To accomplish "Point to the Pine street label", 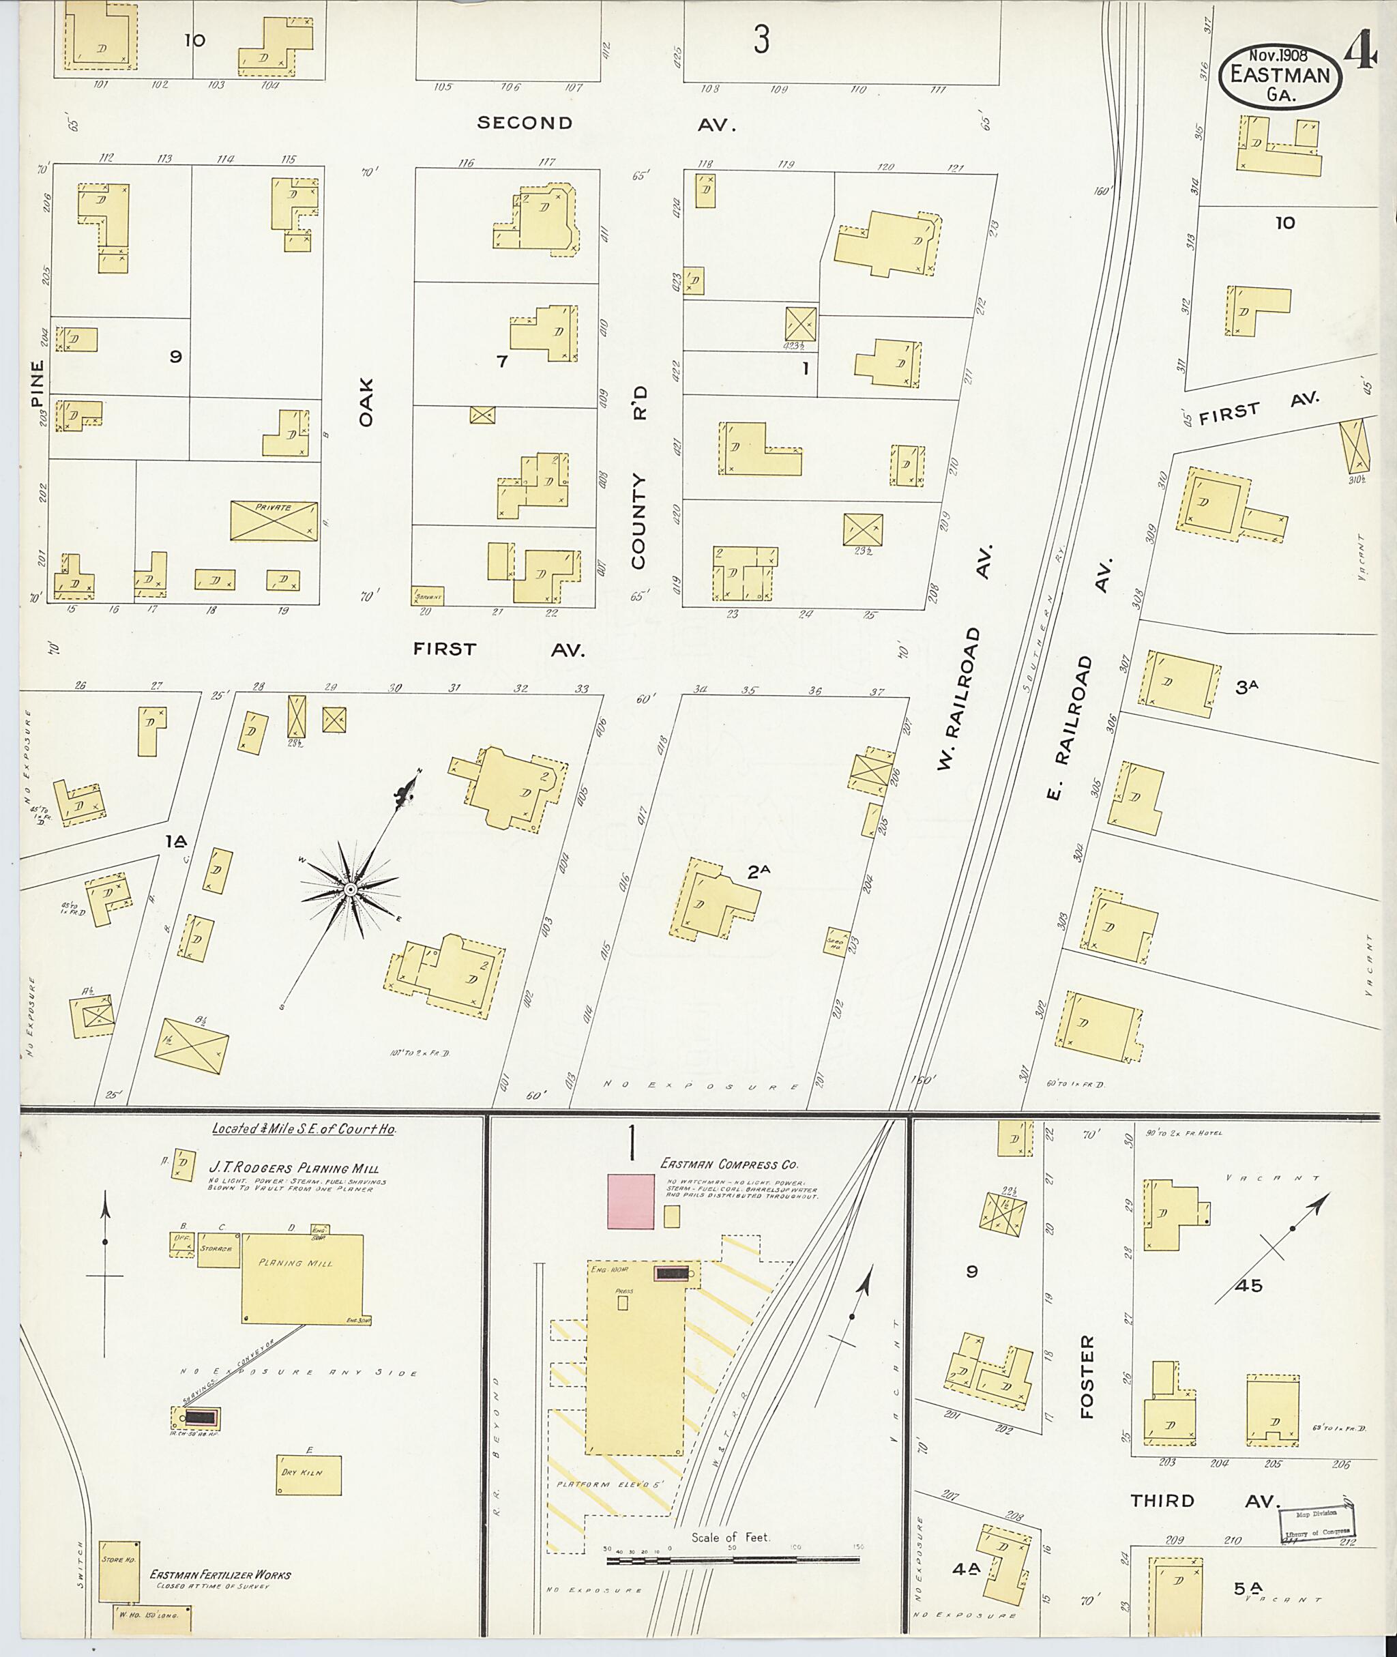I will pyautogui.click(x=36, y=383).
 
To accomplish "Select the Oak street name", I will pyautogui.click(x=365, y=402).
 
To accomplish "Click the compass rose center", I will pyautogui.click(x=349, y=891).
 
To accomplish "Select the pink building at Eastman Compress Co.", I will pyautogui.click(x=630, y=1201).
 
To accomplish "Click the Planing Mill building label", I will pyautogui.click(x=295, y=1263).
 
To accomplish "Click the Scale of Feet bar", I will pyautogui.click(x=732, y=1559).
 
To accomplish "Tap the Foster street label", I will pyautogui.click(x=1087, y=1377).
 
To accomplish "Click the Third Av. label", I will pyautogui.click(x=1205, y=1501).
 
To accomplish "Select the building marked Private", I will pyautogui.click(x=274, y=520).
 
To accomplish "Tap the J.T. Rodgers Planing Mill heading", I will pyautogui.click(x=293, y=1167).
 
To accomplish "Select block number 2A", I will pyautogui.click(x=759, y=872).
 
